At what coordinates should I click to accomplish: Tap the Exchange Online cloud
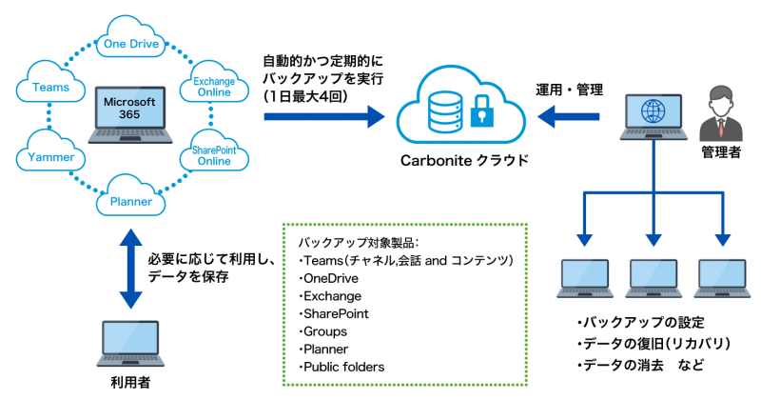(215, 86)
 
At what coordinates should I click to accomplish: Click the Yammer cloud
(47, 154)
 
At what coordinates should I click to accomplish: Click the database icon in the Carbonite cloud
(441, 113)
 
